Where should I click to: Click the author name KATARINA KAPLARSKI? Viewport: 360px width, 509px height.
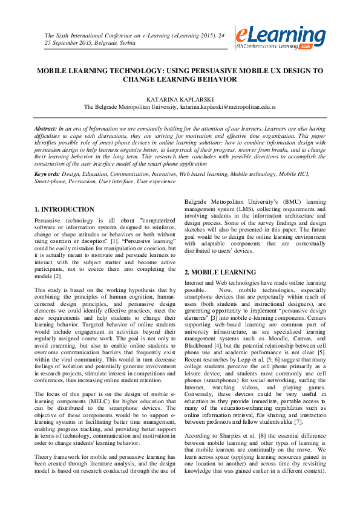point(180,97)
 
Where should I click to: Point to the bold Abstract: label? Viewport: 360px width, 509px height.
point(45,129)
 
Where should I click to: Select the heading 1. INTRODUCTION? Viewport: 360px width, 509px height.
point(64,209)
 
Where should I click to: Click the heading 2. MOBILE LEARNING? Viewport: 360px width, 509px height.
point(220,273)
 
